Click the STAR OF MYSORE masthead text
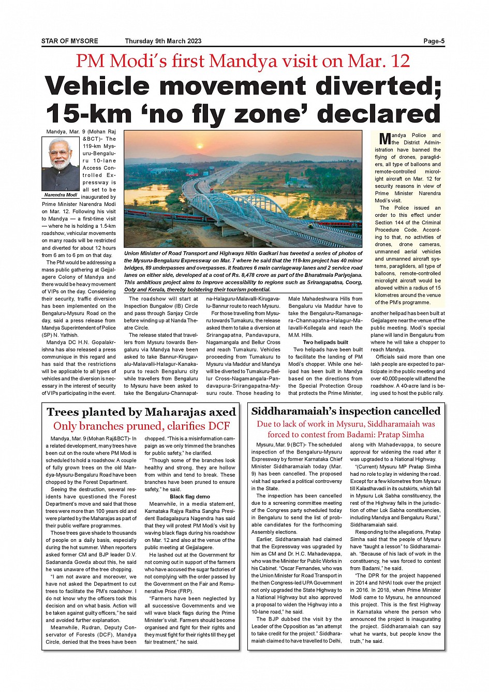click(x=69, y=41)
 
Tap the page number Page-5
click(x=434, y=41)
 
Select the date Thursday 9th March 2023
click(x=163, y=41)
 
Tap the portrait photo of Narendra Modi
click(x=61, y=164)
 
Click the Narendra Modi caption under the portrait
click(x=61, y=195)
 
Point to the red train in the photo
click(x=150, y=212)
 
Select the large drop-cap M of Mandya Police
click(x=384, y=139)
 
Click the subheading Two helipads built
click(x=325, y=342)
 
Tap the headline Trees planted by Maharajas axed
click(x=141, y=413)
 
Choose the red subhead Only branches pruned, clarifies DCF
click(x=141, y=426)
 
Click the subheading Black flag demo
click(x=190, y=496)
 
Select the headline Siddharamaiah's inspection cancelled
click(x=346, y=411)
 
